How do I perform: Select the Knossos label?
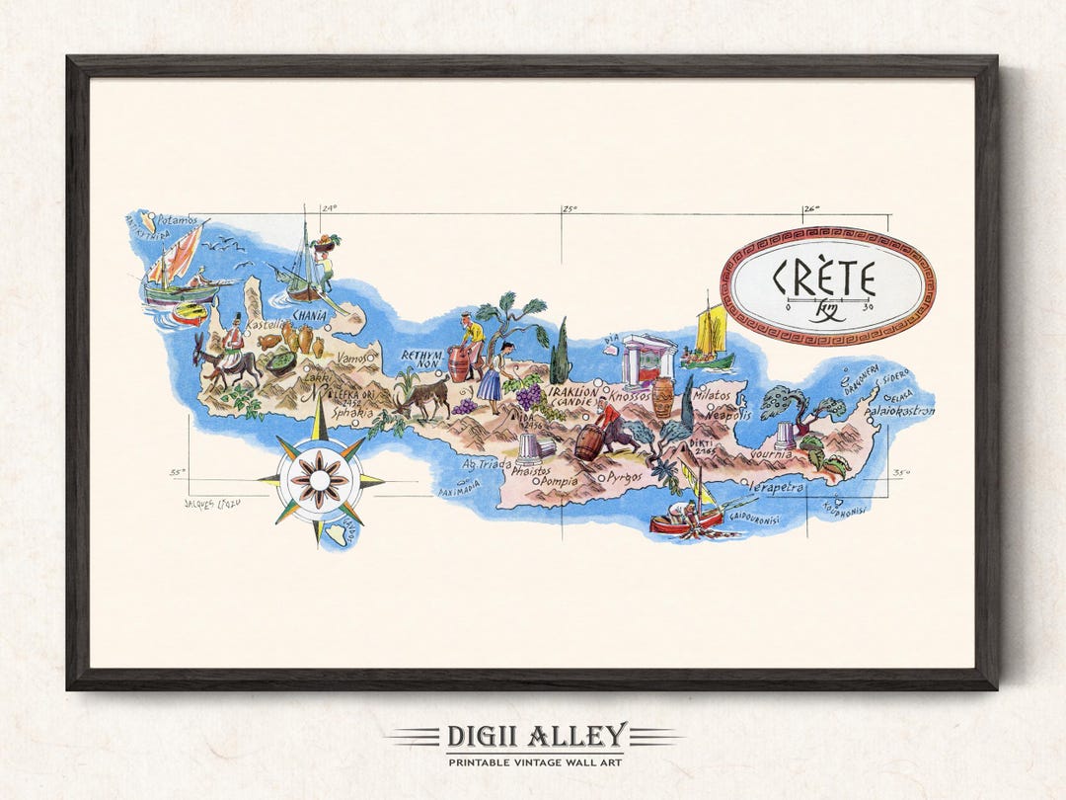(629, 396)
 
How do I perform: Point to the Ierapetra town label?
(776, 487)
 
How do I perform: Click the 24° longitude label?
(328, 208)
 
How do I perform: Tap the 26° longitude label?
(810, 208)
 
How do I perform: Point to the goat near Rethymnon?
(424, 397)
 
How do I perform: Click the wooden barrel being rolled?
(588, 442)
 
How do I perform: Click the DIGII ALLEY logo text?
(535, 736)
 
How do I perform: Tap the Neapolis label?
(728, 416)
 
